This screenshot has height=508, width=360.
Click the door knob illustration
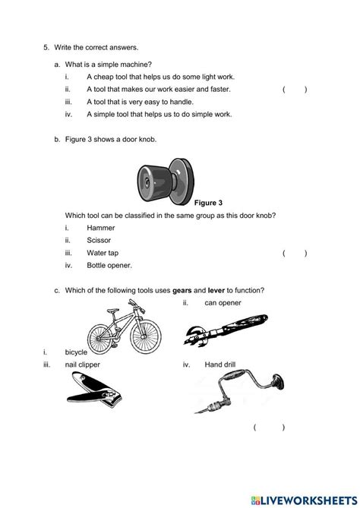point(166,181)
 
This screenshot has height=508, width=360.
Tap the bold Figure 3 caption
point(208,203)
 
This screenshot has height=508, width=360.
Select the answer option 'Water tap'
point(103,253)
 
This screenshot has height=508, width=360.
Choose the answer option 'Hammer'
point(101,228)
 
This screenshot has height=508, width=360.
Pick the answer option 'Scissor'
point(99,240)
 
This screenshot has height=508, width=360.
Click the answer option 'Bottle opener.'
point(109,265)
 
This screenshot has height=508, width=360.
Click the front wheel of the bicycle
point(146,336)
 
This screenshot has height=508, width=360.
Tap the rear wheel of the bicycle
point(100,339)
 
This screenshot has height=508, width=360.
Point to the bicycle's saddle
point(112,311)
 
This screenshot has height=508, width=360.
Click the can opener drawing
point(226,330)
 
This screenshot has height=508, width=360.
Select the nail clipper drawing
point(94,390)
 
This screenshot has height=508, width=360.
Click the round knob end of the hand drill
point(278,382)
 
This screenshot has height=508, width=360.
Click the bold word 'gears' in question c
point(182,290)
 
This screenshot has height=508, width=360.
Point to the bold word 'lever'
point(216,290)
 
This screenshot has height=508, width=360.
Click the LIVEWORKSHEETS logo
point(304,500)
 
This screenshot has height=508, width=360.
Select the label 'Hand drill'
point(220,364)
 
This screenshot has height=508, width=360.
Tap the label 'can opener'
point(223,303)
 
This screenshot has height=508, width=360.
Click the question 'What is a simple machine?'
point(108,65)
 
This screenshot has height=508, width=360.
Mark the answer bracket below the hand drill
point(270,428)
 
